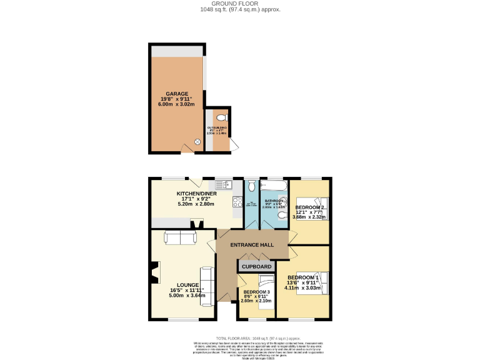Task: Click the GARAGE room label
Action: click(x=176, y=93)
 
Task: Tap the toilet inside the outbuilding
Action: click(x=221, y=118)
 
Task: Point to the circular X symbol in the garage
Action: click(x=198, y=142)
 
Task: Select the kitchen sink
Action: click(x=223, y=185)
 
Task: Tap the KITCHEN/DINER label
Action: click(x=196, y=193)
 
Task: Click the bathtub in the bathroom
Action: click(x=274, y=185)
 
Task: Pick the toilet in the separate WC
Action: click(x=251, y=185)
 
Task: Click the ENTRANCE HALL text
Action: click(x=252, y=244)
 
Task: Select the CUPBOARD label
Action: click(x=256, y=266)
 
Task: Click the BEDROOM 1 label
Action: click(x=303, y=277)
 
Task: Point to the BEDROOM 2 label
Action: click(x=309, y=207)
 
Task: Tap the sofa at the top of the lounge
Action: click(x=180, y=237)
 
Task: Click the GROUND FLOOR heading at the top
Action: click(x=240, y=4)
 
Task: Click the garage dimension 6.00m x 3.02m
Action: click(x=176, y=104)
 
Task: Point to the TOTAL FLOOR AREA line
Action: click(x=240, y=337)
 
